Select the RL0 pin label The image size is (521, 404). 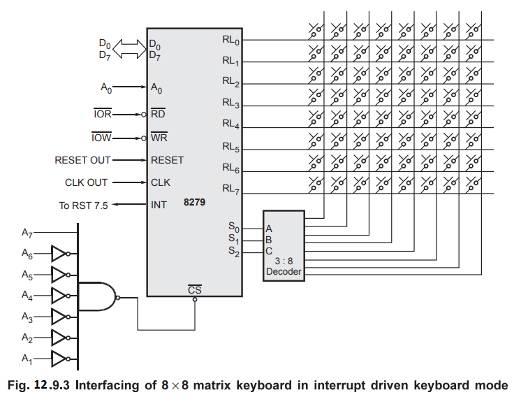(x=232, y=41)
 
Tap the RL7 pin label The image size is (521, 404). (x=232, y=189)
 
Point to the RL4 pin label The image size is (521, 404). (x=232, y=125)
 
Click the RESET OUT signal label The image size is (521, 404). (x=82, y=160)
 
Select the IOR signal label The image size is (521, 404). (x=101, y=113)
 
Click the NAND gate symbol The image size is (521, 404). (x=98, y=298)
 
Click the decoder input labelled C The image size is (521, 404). (x=269, y=251)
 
